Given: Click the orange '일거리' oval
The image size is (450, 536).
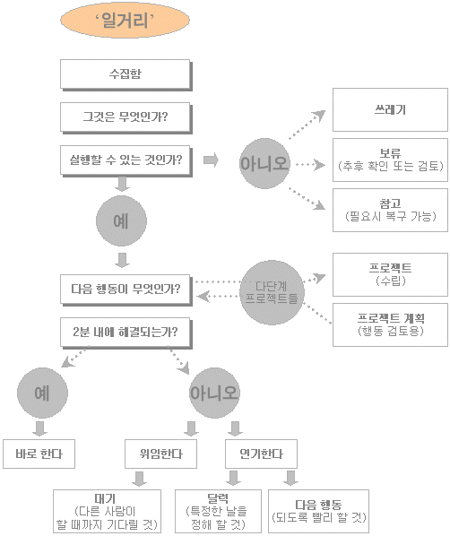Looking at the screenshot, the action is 125,21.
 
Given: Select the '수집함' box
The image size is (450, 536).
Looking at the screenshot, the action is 125,75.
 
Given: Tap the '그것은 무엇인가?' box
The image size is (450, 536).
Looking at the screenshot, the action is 125,117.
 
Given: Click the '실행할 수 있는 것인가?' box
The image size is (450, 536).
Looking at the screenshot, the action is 125,160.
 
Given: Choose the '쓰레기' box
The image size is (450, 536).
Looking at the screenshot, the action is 390,109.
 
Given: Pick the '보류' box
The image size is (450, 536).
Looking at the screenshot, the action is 390,160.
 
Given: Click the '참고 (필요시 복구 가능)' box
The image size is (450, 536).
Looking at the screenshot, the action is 390,210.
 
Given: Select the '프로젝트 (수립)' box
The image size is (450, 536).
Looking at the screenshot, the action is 390,275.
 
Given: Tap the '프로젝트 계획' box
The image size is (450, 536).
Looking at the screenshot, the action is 390,324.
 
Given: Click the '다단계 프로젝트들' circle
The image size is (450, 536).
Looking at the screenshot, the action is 272,292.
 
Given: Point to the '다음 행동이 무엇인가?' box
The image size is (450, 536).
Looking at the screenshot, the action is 125,290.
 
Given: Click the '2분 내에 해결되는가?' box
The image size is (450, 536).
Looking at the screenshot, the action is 125,333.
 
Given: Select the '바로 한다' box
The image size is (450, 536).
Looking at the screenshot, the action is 39,454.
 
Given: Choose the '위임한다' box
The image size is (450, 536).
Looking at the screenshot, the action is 160,454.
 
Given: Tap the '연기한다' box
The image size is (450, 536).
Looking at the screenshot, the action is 261,454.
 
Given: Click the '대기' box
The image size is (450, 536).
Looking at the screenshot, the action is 107,512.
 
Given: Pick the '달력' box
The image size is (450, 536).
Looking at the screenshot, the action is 218,512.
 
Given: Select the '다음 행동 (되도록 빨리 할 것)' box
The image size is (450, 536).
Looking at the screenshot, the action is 319,512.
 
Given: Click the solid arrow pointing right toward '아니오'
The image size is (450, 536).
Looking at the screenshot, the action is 211,160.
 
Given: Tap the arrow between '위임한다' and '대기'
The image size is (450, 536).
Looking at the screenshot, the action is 139,479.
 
